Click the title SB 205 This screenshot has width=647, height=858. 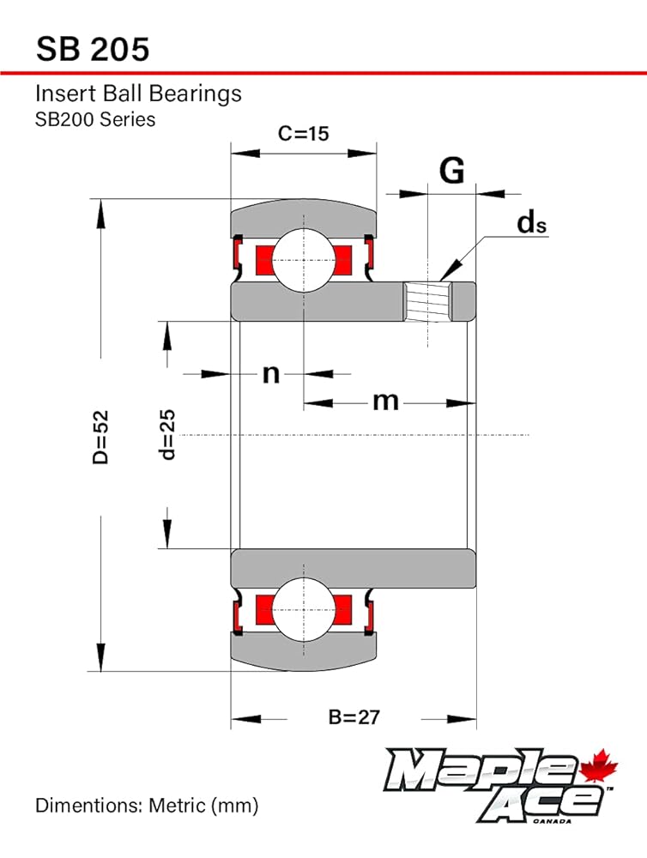(93, 49)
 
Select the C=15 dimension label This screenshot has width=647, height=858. (303, 134)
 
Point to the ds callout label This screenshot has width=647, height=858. (531, 223)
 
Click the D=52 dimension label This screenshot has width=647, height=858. (100, 438)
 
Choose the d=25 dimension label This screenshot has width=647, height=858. (167, 434)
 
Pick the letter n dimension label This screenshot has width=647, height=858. (271, 374)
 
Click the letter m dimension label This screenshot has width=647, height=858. (385, 402)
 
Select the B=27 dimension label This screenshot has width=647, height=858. (354, 716)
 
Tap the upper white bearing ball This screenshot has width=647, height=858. (303, 260)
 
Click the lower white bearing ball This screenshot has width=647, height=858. (303, 608)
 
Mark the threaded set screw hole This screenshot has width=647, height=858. (427, 301)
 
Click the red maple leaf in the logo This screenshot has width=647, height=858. (598, 765)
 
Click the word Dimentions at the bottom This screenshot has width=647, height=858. (87, 806)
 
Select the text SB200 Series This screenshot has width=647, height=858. (95, 119)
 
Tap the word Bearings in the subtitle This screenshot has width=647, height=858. (196, 94)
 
